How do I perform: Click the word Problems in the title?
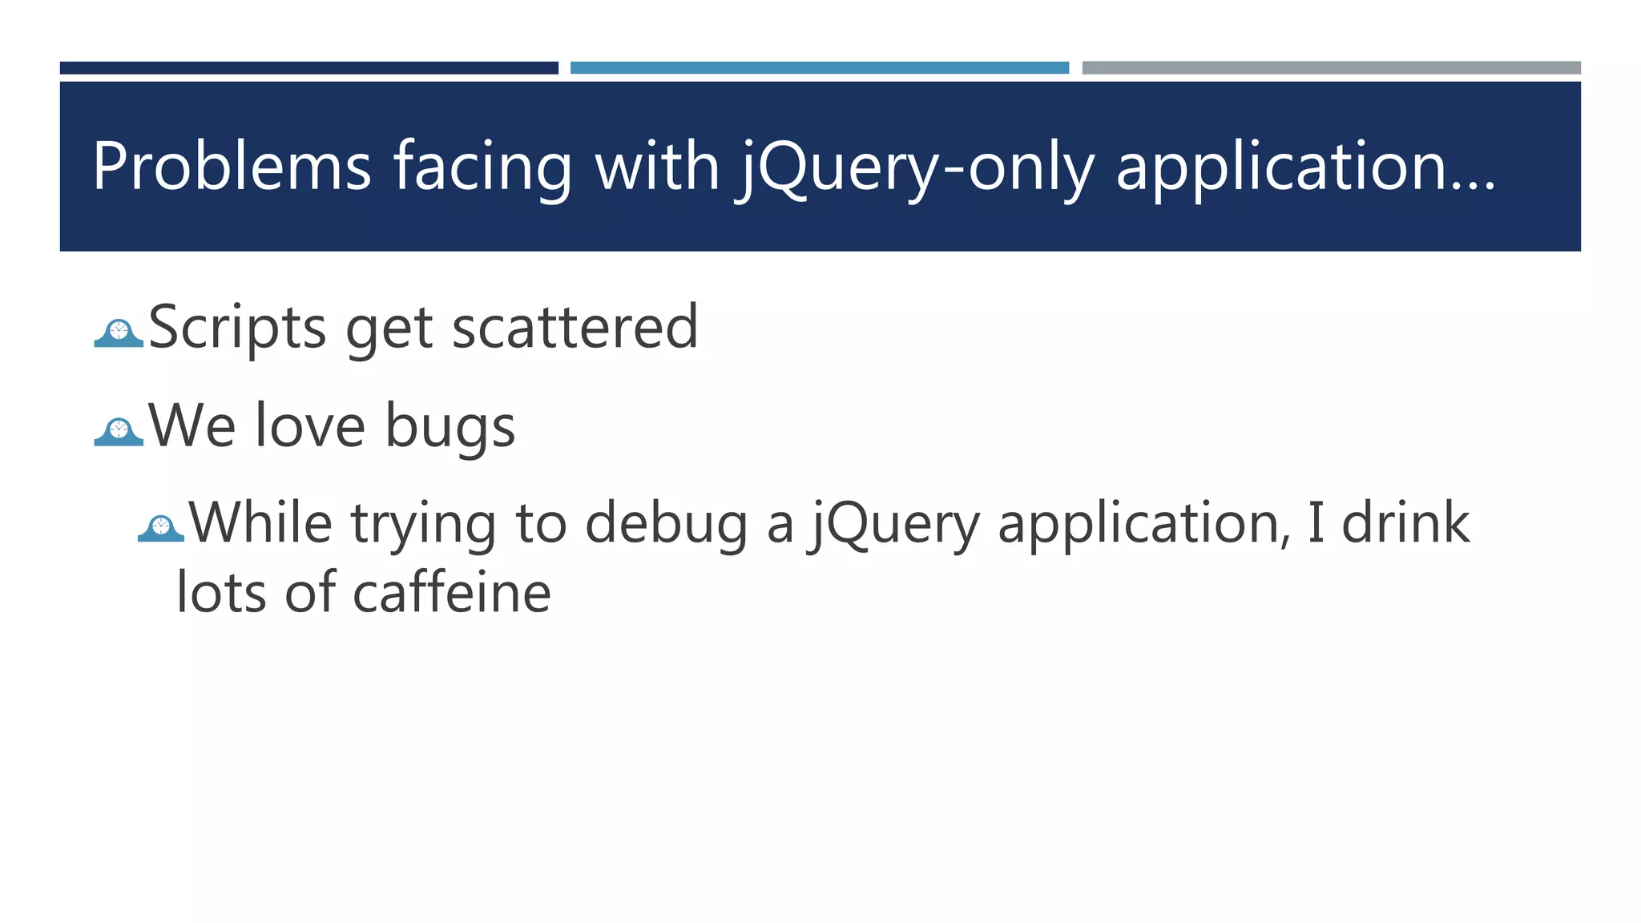tap(232, 166)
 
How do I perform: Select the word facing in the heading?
tap(482, 166)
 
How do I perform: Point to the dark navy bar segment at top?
tap(308, 68)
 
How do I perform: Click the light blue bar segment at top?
tap(819, 68)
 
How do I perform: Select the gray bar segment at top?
tap(1331, 68)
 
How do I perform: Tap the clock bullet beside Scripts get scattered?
tap(119, 333)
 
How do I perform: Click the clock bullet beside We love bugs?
tap(119, 431)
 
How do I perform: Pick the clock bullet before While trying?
tap(161, 527)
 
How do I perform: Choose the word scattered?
tap(575, 327)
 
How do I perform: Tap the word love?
tap(310, 425)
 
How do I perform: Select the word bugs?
tap(450, 425)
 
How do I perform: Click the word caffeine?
tap(452, 593)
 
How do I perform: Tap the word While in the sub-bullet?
tap(260, 522)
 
